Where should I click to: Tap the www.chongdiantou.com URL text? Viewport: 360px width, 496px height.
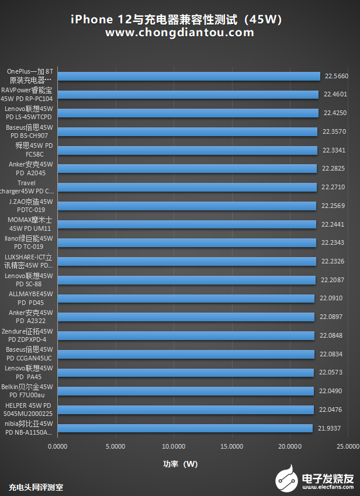click(179, 33)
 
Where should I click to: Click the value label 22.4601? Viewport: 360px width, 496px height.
click(335, 94)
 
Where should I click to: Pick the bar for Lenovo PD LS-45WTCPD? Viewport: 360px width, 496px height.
click(188, 113)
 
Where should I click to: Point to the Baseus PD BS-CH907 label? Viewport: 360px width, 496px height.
click(29, 131)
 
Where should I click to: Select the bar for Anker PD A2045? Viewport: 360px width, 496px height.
click(187, 168)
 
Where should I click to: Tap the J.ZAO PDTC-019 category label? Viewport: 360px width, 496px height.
click(31, 206)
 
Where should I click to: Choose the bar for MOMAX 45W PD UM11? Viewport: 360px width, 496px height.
click(187, 224)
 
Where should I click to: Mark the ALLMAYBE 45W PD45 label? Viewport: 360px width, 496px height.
click(31, 299)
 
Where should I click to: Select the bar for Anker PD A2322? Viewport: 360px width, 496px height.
click(186, 317)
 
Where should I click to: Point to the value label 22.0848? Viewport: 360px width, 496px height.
click(331, 335)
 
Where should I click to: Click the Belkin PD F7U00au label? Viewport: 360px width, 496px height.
click(27, 391)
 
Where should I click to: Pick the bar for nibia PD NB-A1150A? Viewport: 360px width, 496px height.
click(185, 428)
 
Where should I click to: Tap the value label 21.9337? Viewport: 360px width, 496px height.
click(330, 428)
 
